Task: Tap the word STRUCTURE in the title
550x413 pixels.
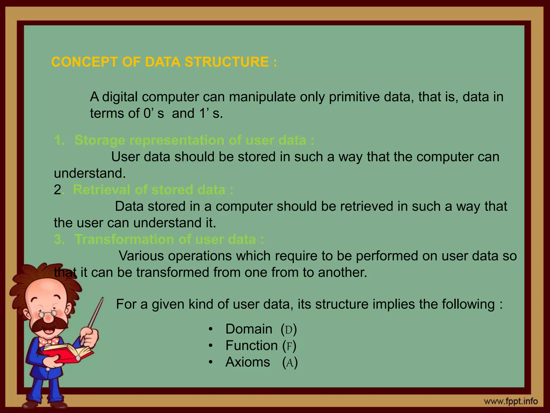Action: (x=226, y=62)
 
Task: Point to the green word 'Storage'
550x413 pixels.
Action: (x=100, y=140)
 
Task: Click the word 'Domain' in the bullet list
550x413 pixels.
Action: (x=249, y=329)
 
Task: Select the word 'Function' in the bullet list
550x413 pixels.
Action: (x=251, y=346)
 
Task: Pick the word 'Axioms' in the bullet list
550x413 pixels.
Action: (x=248, y=362)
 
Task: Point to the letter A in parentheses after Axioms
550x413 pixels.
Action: (x=290, y=363)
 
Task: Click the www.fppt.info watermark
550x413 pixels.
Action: (x=515, y=402)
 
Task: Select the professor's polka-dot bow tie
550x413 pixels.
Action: (x=49, y=342)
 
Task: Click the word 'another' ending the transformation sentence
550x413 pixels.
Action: (x=342, y=273)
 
